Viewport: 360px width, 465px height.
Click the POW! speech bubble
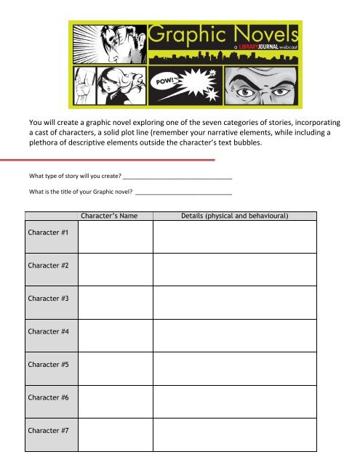(x=164, y=81)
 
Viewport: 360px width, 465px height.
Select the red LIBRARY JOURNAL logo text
(x=228, y=46)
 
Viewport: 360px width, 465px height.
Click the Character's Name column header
(x=116, y=215)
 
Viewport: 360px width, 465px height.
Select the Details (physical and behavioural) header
(x=235, y=215)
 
